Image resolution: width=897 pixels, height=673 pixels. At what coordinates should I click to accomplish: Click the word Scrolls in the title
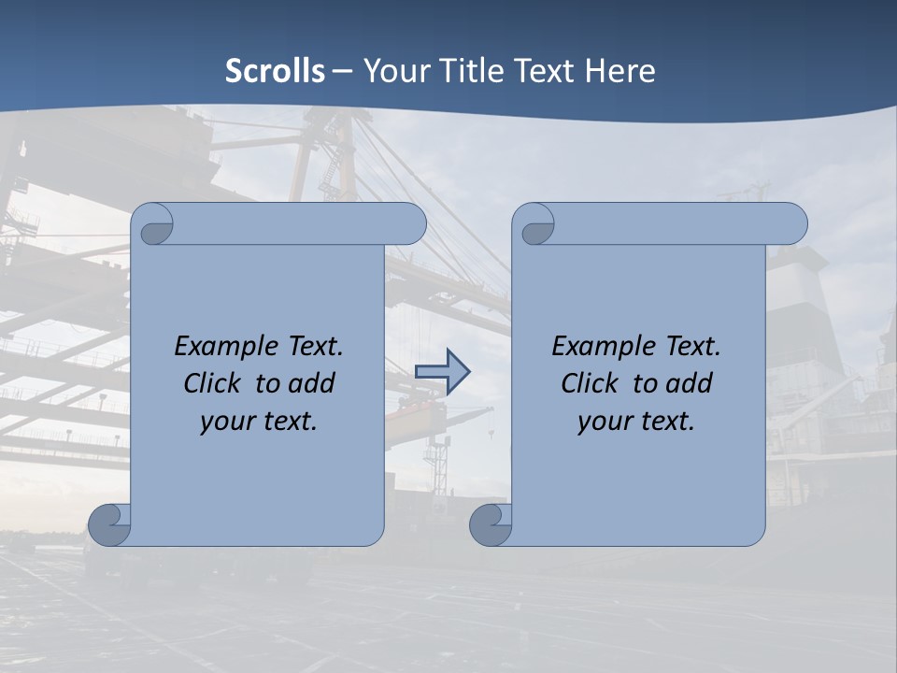276,71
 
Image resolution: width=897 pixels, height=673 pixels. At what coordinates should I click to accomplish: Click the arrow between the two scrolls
442,371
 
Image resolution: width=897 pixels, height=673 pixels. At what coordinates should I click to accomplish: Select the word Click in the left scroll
213,383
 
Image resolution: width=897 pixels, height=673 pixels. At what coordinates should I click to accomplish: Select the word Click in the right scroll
590,383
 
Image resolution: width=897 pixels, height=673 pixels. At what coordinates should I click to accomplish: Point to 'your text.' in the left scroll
259,421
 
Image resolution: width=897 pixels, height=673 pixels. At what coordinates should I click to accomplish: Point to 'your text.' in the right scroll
636,421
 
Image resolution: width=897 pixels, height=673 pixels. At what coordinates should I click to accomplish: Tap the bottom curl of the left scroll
109,524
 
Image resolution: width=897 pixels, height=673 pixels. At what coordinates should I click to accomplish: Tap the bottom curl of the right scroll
490,524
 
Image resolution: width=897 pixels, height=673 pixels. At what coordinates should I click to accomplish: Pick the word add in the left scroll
313,383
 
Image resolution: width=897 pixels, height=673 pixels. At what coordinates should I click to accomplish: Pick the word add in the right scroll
691,383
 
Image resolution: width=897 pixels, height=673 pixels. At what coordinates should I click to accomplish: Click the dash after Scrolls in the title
343,71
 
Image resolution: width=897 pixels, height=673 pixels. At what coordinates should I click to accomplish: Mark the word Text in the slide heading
545,71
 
